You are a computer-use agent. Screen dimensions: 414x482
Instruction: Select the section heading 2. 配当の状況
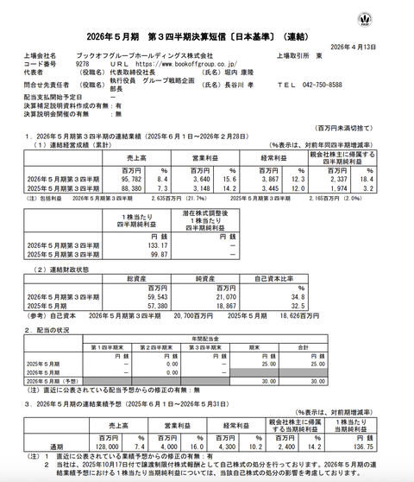click(x=41, y=329)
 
